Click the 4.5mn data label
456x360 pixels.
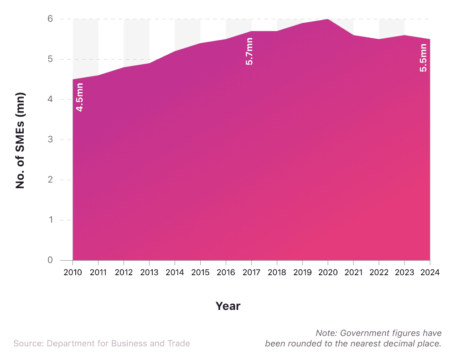79,97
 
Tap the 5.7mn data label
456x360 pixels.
249,51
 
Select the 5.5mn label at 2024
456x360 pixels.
424,57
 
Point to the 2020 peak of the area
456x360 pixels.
327,20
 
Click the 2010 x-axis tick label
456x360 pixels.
73,273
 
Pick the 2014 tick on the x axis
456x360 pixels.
175,273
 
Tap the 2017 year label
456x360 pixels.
251,273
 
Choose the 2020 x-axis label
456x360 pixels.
328,273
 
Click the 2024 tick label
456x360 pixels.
430,273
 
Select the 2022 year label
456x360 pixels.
378,273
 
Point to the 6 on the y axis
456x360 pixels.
50,19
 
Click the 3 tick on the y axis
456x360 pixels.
50,139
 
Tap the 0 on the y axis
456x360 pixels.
50,260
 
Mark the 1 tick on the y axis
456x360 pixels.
50,220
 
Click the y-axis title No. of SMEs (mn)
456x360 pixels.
21,140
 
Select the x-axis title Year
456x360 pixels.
228,306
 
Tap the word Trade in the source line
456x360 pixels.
179,344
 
